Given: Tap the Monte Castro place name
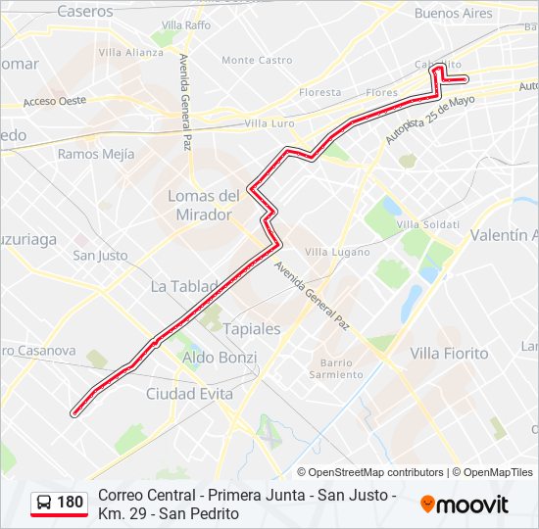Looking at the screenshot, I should [257, 60].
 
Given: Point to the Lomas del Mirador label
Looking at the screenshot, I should [204, 205].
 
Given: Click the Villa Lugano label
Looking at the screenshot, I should [331, 252].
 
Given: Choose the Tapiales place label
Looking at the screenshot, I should [251, 328].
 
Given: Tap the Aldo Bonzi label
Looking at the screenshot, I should [220, 358].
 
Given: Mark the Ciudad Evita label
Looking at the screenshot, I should [189, 393].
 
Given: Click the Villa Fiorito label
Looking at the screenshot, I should [449, 353].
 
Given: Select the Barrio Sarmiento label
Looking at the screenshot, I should [336, 368].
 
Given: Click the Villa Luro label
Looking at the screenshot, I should [269, 123].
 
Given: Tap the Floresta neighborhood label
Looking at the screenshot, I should [320, 93].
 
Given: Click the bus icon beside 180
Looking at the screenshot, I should [44, 503].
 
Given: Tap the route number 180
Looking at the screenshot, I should [71, 503].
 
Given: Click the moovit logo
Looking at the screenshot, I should [465, 505].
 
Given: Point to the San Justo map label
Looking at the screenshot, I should [100, 256].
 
